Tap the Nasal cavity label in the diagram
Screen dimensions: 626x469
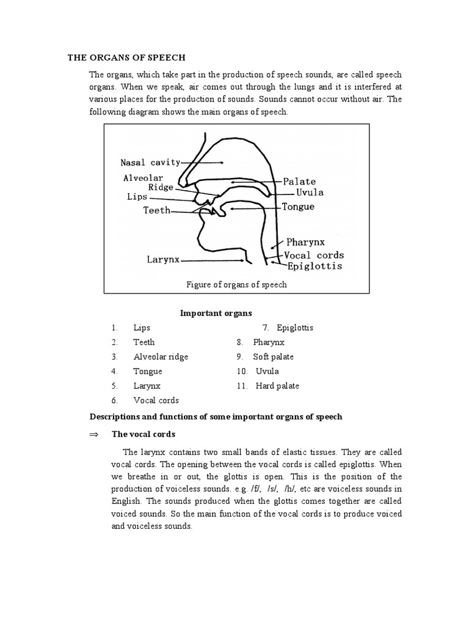pyautogui.click(x=150, y=163)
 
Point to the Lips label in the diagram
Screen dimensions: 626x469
pyautogui.click(x=137, y=197)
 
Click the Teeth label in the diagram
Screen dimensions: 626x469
pyautogui.click(x=156, y=211)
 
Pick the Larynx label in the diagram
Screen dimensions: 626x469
pyautogui.click(x=163, y=259)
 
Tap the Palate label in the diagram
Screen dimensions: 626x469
pyautogui.click(x=299, y=182)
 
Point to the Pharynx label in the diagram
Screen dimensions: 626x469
pyautogui.click(x=312, y=242)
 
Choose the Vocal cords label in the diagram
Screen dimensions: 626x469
pyautogui.click(x=314, y=255)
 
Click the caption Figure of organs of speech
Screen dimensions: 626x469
pyautogui.click(x=236, y=284)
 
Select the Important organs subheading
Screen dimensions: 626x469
pyautogui.click(x=216, y=313)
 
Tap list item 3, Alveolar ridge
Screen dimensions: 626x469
pyautogui.click(x=161, y=356)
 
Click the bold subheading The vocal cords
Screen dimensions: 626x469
pyautogui.click(x=143, y=434)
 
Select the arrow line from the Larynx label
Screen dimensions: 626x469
pyautogui.click(x=214, y=260)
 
